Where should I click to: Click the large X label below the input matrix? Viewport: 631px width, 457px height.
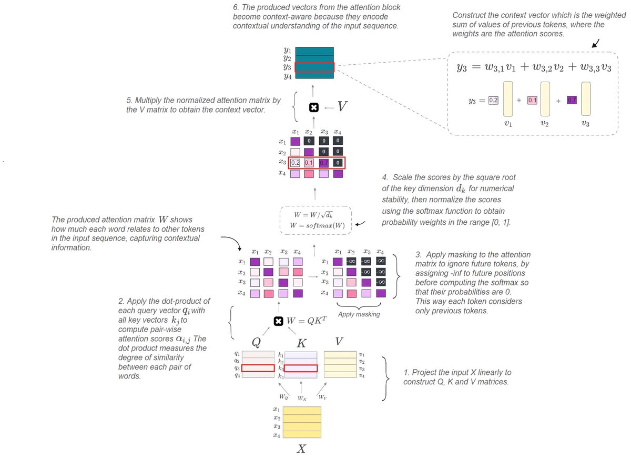[301, 448]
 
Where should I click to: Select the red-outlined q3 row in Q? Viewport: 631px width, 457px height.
[258, 369]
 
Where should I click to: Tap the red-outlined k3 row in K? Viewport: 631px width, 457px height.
[301, 369]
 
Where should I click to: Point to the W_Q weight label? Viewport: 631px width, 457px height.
[283, 396]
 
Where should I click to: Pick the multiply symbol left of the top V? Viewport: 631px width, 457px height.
[314, 107]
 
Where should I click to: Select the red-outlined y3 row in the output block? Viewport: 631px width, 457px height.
[314, 67]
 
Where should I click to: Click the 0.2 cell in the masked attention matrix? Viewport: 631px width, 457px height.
[295, 163]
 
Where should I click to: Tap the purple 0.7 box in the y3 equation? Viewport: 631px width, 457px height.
[572, 100]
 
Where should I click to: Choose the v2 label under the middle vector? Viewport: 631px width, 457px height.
[545, 126]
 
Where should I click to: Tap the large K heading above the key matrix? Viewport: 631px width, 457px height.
[301, 343]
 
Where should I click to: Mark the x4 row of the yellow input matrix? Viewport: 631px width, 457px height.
[302, 435]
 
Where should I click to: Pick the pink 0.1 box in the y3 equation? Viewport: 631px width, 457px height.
[532, 100]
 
